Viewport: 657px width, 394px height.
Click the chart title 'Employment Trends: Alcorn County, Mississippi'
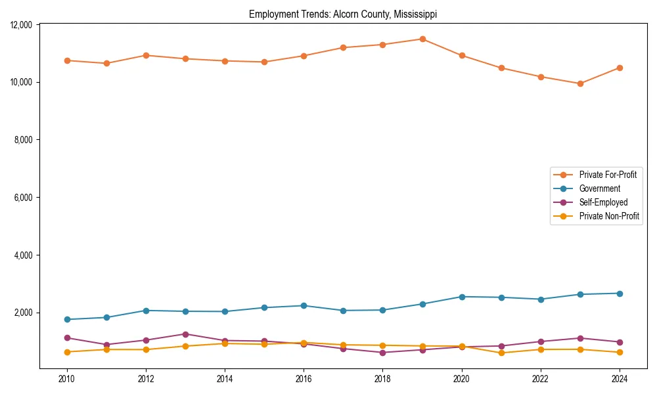coord(343,14)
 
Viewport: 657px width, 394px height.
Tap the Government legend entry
coord(599,188)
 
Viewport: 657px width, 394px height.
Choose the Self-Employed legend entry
coord(603,202)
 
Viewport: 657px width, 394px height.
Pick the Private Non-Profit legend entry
coord(609,216)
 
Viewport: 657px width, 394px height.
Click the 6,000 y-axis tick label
coord(24,198)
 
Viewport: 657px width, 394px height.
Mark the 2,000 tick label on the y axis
coord(24,313)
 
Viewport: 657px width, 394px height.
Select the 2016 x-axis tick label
coord(304,379)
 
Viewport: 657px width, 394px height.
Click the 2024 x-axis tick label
coord(620,379)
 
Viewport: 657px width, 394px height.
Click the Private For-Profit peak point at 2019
coord(422,39)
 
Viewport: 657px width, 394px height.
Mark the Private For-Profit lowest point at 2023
coord(580,83)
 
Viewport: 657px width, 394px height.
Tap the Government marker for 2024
coord(620,293)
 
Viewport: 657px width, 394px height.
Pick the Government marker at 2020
coord(462,297)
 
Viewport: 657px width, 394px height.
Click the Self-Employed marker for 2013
coord(185,334)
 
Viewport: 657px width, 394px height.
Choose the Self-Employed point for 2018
coord(383,353)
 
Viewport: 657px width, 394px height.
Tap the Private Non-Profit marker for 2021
coord(501,353)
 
